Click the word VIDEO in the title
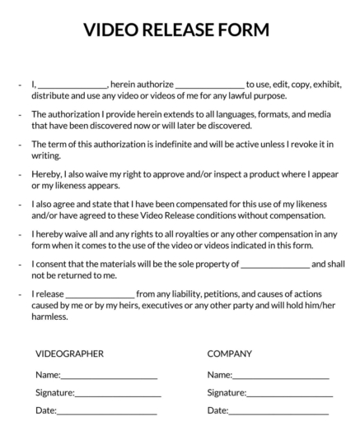coord(110,30)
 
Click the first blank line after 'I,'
coord(72,86)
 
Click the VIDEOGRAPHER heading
coord(69,354)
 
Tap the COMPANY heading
coord(229,354)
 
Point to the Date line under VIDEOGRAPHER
coord(106,412)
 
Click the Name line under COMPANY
coord(281,377)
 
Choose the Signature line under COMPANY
coord(290,395)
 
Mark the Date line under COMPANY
coord(278,412)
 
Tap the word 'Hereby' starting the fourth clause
coord(47,174)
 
